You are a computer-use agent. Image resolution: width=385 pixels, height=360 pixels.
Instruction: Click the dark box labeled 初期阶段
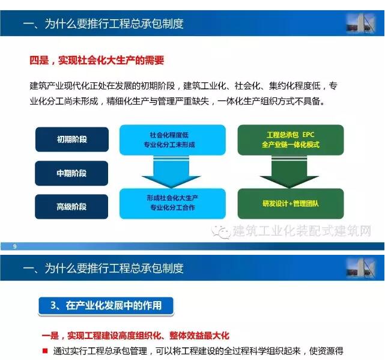72,139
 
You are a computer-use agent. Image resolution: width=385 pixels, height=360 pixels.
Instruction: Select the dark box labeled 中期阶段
71,173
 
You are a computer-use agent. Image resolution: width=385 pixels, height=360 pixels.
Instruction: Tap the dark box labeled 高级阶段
71,207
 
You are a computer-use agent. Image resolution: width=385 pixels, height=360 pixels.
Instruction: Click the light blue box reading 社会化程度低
172,140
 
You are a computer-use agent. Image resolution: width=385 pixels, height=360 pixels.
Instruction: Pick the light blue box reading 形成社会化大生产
172,204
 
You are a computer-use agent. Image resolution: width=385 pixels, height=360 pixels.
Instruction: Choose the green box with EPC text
291,140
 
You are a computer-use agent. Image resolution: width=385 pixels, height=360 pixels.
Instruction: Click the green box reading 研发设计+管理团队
291,204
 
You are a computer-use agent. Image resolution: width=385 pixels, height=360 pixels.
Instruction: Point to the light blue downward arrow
171,172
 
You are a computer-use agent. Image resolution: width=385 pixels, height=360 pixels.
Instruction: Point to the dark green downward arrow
290,172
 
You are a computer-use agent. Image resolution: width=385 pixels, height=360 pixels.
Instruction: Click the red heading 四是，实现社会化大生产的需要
97,60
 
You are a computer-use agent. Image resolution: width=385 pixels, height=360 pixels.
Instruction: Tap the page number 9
15,246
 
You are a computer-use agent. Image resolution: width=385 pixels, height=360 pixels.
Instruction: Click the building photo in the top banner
361,23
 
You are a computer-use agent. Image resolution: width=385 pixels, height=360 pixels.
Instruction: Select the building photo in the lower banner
361,268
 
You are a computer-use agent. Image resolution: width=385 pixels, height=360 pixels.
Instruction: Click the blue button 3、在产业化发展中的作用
106,306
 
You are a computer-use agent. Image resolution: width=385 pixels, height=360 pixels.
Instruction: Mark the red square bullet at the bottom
45,350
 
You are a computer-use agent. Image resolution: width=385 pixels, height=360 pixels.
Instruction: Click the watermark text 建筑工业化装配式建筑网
302,231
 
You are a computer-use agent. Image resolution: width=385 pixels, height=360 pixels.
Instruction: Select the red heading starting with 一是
136,335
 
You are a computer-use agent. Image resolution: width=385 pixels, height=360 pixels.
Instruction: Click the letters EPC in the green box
308,135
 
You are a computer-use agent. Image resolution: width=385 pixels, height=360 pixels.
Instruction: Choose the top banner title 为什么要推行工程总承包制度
114,24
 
